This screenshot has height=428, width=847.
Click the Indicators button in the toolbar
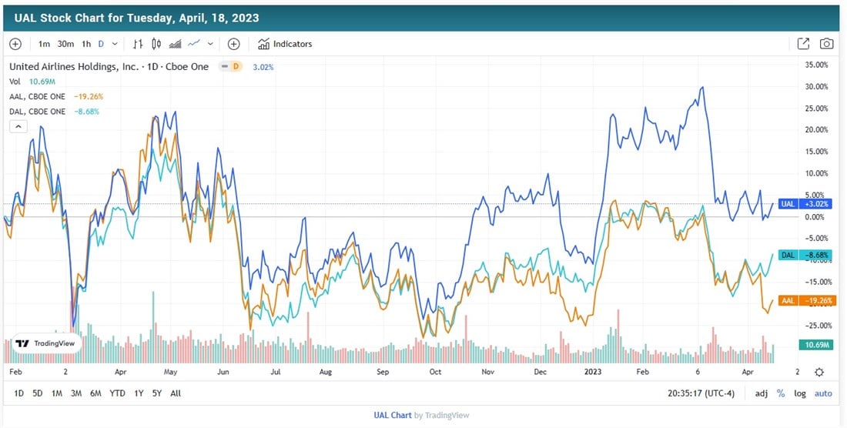285,44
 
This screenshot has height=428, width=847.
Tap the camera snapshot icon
826,44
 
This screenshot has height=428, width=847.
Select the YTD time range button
117,393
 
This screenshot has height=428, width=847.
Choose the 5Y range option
156,393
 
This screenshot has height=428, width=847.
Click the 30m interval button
65,44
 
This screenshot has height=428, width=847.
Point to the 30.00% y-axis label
818,86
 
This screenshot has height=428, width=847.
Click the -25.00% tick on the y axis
818,325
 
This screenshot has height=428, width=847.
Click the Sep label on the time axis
383,372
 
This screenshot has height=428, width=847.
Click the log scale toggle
801,393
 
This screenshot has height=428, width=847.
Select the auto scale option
823,393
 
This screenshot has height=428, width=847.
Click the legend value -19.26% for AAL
89,96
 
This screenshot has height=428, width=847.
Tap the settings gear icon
819,372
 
